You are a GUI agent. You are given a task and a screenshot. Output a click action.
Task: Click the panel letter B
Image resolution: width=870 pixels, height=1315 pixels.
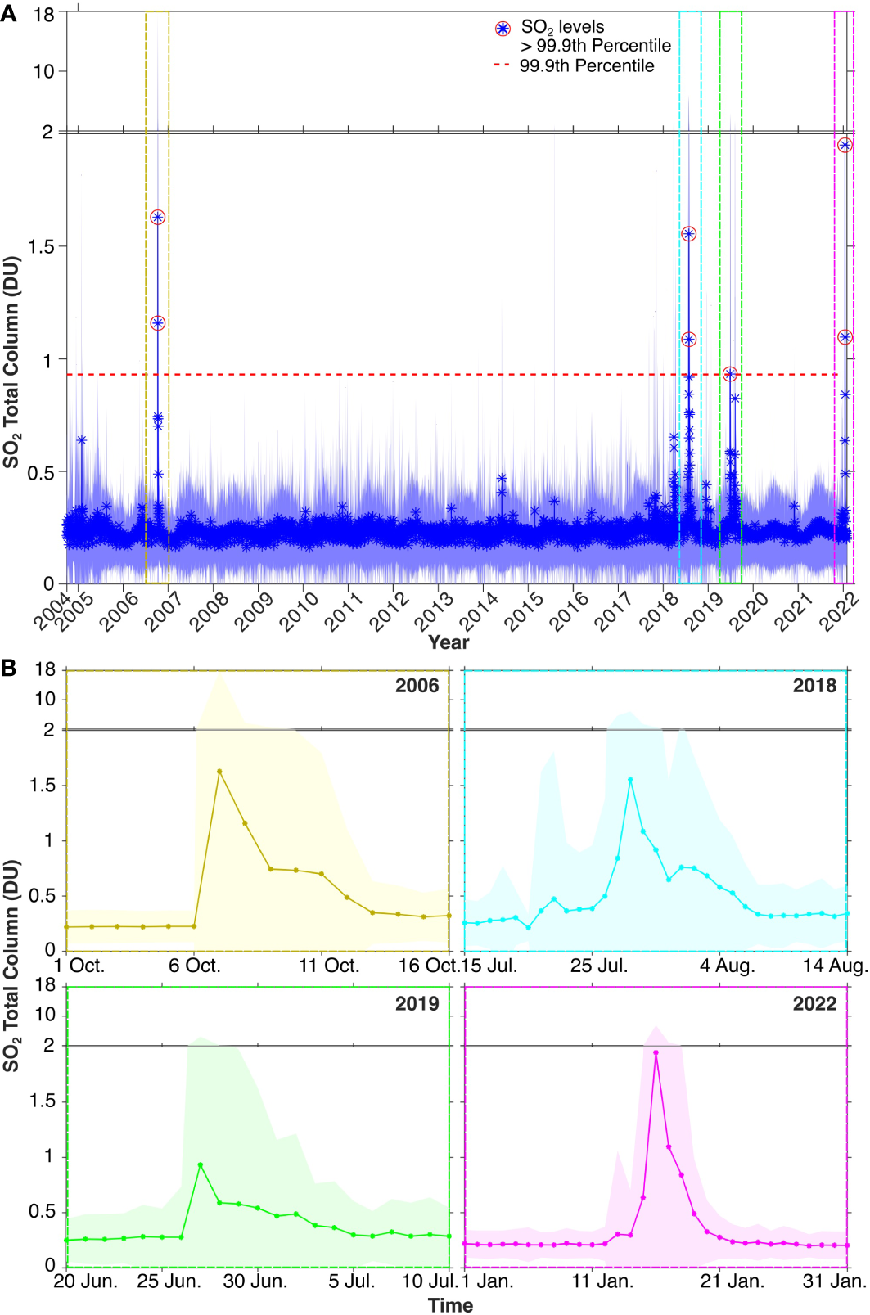(8, 669)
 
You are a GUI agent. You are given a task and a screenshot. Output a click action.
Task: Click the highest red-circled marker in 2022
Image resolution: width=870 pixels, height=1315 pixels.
(845, 145)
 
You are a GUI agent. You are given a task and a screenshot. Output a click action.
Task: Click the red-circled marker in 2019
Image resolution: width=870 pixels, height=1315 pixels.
(730, 374)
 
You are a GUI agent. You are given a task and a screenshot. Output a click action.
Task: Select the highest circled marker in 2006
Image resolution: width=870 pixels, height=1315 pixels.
(158, 217)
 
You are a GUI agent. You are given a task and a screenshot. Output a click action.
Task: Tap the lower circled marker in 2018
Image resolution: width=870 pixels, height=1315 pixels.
(689, 339)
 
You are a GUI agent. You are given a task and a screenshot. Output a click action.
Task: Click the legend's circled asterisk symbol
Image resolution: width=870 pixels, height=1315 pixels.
(503, 29)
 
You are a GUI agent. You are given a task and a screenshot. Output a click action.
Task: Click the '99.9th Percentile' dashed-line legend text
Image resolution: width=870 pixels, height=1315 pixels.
(586, 66)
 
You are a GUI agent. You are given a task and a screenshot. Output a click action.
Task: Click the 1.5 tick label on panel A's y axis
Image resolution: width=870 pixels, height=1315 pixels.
(42, 247)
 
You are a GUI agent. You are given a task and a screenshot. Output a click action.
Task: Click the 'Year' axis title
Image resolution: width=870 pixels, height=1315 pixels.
(449, 642)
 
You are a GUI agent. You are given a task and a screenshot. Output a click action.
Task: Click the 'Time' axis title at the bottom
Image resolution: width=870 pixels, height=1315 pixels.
(450, 1305)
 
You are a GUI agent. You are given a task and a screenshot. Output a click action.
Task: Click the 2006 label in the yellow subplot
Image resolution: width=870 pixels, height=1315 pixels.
(417, 686)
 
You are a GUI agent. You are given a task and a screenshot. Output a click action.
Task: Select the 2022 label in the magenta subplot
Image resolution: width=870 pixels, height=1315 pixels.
(814, 1004)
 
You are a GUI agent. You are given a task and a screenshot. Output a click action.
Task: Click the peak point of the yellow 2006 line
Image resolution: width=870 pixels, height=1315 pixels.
(219, 771)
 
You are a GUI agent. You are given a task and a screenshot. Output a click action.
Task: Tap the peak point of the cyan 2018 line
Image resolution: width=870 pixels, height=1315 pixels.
(630, 780)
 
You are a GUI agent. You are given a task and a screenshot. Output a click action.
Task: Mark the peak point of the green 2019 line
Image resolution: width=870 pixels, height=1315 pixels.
(201, 1164)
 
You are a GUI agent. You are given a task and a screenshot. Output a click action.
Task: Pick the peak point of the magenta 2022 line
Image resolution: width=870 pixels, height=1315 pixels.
(656, 1052)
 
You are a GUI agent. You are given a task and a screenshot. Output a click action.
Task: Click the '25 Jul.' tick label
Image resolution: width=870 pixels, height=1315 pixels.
(599, 966)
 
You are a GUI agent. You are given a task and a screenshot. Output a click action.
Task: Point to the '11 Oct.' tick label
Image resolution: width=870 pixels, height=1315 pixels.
(329, 966)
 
